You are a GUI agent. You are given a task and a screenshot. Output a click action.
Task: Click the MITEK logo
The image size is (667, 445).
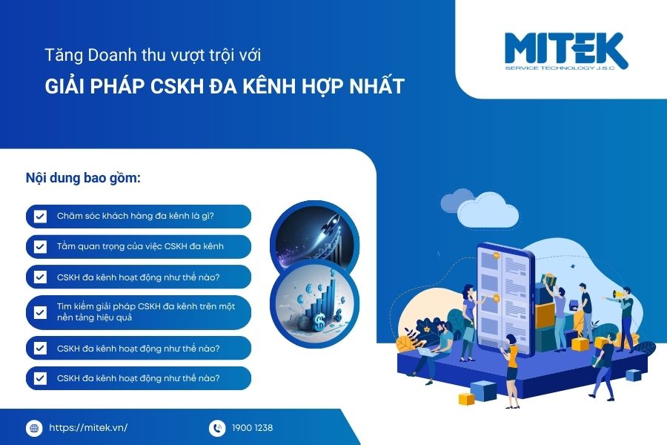(566, 51)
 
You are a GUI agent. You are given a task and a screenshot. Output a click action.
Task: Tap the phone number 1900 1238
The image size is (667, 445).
(252, 427)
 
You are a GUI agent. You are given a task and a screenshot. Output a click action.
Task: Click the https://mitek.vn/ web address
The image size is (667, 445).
(88, 427)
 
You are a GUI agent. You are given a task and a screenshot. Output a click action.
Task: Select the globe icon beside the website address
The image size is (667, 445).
(34, 428)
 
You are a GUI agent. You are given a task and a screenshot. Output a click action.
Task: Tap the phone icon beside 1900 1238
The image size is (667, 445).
(217, 428)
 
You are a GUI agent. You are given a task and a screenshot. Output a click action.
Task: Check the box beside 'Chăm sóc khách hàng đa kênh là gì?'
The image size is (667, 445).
(40, 217)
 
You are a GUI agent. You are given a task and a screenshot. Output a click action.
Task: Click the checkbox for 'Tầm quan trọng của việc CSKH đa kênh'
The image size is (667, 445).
(40, 246)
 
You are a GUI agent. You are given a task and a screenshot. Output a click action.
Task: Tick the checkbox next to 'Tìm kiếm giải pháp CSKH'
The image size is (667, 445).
(40, 312)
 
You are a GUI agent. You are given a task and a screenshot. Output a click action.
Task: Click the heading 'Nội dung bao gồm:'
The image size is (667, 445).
(83, 177)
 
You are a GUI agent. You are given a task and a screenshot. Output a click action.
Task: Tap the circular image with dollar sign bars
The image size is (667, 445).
(315, 303)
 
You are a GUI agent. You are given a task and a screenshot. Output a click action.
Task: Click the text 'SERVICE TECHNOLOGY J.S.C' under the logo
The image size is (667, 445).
(560, 68)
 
